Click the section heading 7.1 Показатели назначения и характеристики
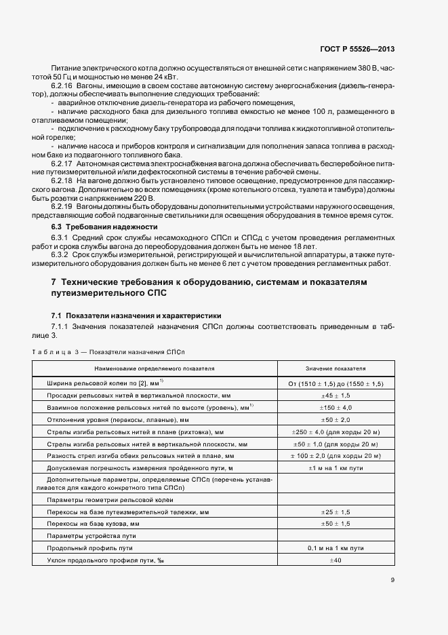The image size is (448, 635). (x=136, y=316)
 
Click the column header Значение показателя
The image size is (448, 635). (x=335, y=368)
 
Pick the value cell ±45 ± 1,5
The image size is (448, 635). (x=335, y=395)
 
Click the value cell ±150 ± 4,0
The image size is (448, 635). (x=335, y=407)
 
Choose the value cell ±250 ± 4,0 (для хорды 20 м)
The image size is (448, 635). (x=335, y=431)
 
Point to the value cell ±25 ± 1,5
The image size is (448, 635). (x=335, y=512)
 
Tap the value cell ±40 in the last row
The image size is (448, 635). (x=335, y=560)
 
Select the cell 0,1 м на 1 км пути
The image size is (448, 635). (x=335, y=547)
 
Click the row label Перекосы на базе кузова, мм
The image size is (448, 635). (x=93, y=524)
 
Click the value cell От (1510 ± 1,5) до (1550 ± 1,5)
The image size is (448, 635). (x=335, y=383)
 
